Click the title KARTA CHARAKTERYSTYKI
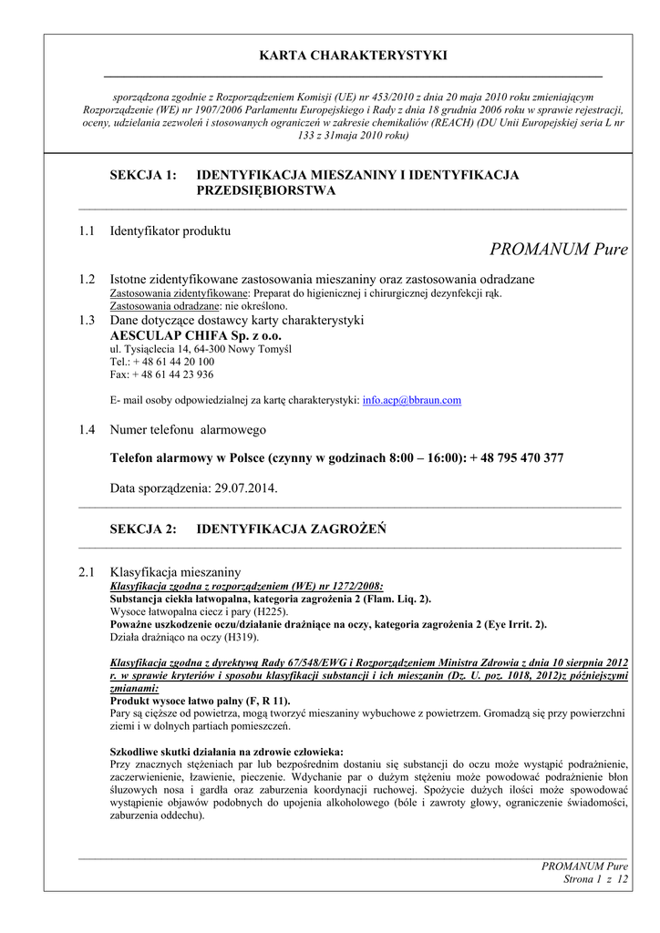point(353,56)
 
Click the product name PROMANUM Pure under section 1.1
point(558,250)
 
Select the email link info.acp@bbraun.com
point(411,400)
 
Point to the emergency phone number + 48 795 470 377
point(517,458)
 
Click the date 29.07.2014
point(246,488)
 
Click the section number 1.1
point(87,231)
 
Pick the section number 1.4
point(87,430)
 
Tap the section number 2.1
point(87,572)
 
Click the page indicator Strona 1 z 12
point(597,879)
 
